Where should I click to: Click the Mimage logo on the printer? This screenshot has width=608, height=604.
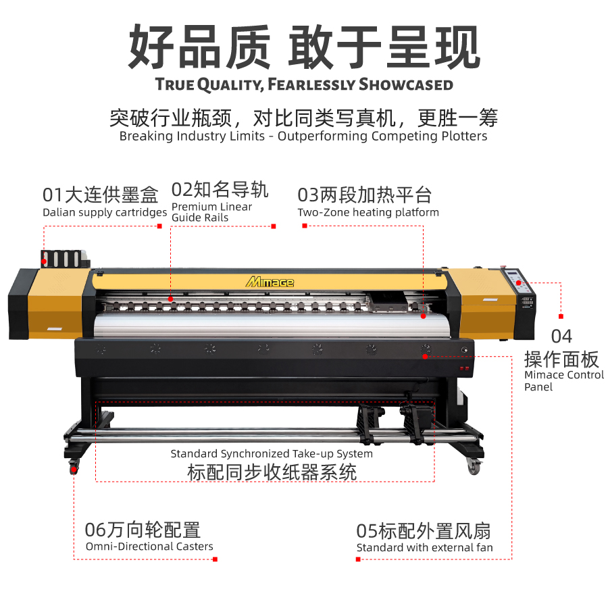pos(270,282)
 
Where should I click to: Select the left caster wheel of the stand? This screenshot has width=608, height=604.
pos(74,466)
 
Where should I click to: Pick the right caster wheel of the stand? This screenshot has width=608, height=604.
pos(474,466)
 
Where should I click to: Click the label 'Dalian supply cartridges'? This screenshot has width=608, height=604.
pos(105,212)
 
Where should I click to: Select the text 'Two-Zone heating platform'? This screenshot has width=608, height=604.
pos(368,212)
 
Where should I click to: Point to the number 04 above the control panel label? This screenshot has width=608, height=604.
pos(561,336)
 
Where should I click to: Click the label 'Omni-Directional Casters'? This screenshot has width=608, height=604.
pos(149,547)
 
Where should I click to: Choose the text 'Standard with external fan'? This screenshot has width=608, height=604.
pos(425,547)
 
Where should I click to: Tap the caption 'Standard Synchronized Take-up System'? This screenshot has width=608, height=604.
pos(272,453)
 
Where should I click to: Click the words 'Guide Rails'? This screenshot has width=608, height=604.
pos(200,218)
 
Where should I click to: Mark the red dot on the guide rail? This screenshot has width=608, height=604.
pos(170,299)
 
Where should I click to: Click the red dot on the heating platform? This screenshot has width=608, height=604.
pos(424,316)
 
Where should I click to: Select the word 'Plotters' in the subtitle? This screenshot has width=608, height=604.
pos(464,136)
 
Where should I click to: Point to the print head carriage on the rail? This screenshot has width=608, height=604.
pos(388,303)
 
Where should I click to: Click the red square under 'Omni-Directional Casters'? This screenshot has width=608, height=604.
pos(216,559)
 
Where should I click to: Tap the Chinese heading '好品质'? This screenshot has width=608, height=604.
pos(199,47)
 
